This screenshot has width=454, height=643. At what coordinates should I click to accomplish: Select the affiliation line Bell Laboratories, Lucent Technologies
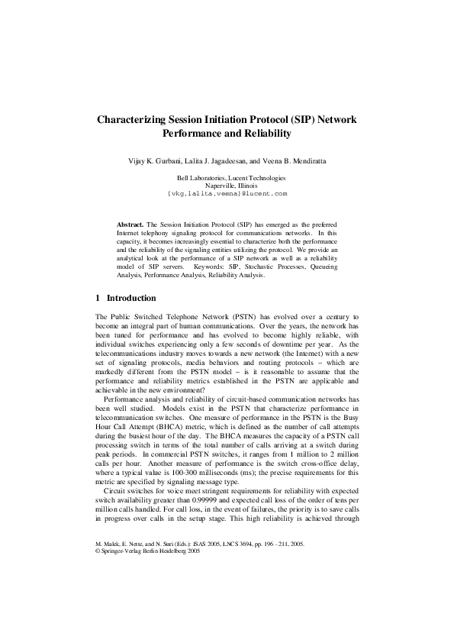pyautogui.click(x=227, y=178)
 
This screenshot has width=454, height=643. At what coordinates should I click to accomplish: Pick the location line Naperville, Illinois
pyautogui.click(x=227, y=186)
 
